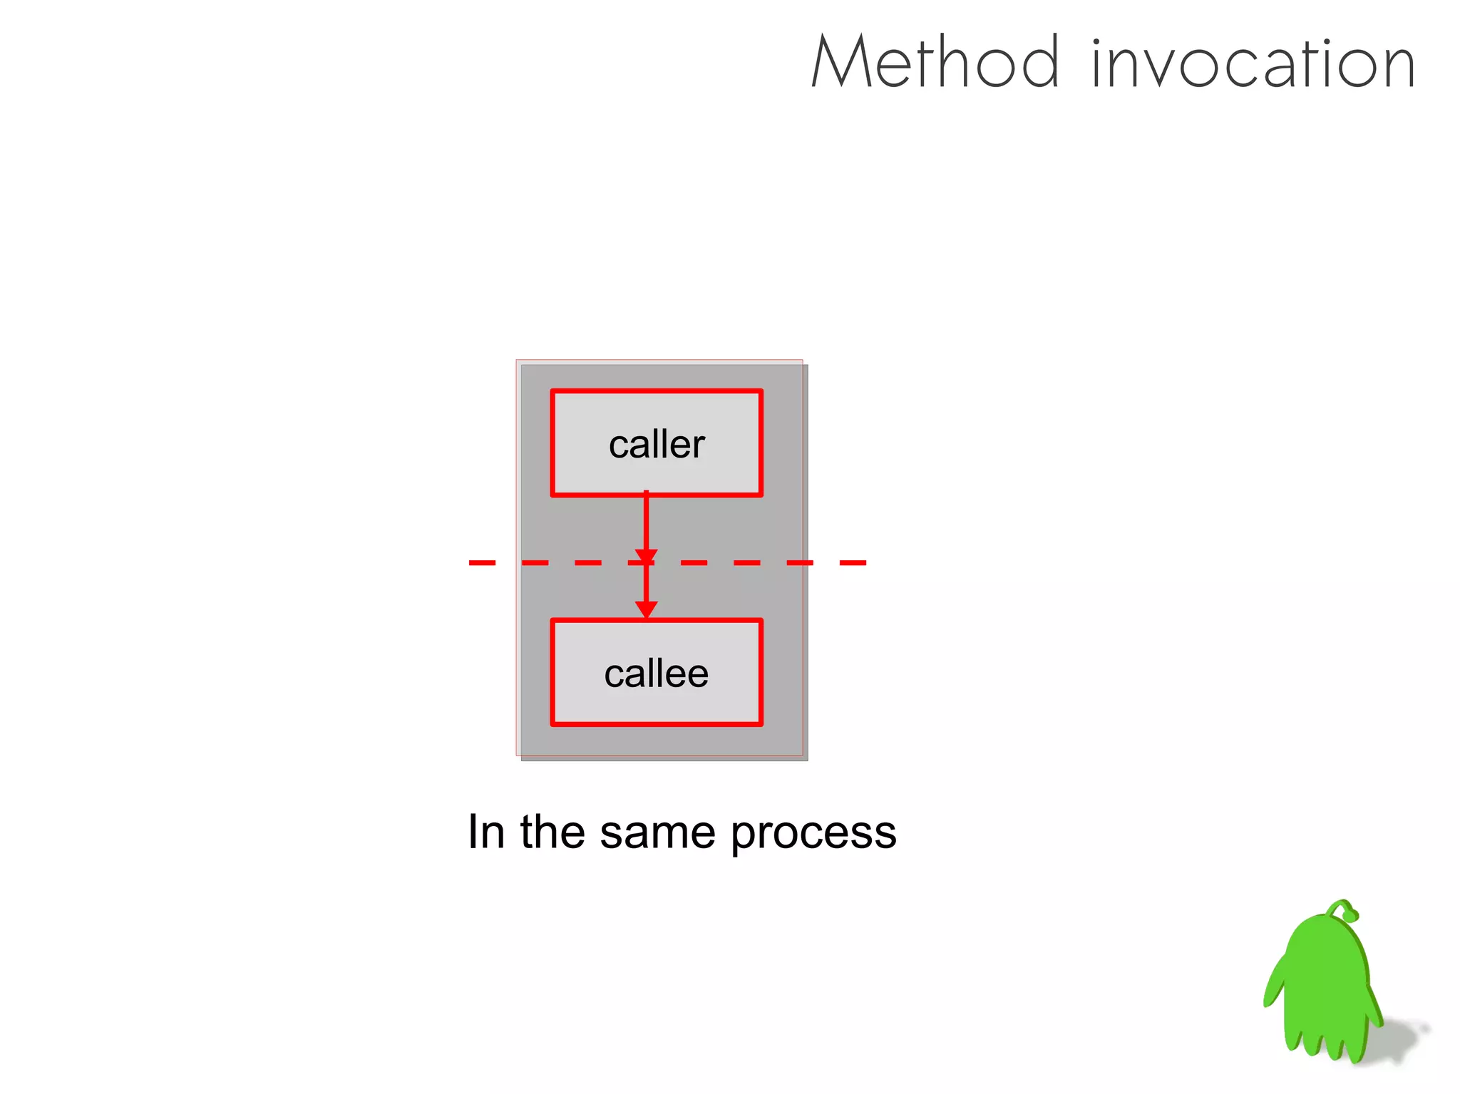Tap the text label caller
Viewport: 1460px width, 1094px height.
click(657, 445)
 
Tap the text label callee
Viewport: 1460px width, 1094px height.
click(657, 674)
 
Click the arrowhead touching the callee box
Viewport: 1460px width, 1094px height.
click(646, 609)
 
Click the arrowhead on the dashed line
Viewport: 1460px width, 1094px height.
click(646, 557)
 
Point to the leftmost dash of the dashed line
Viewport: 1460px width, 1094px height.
click(482, 563)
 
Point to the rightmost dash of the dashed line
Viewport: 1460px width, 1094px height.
click(853, 563)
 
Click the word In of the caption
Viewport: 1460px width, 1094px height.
click(486, 832)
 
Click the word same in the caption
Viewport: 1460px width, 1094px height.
click(657, 832)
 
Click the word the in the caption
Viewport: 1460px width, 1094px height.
click(552, 832)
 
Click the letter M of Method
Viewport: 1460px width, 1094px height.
click(841, 63)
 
